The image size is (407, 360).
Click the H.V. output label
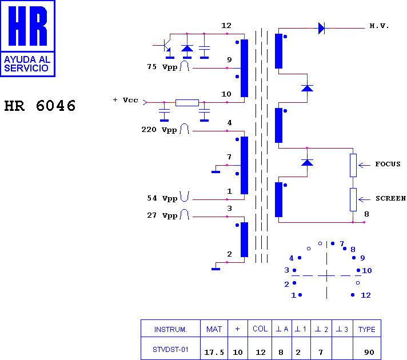point(379,26)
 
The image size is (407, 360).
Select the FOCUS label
point(388,164)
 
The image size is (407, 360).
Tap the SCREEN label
point(390,198)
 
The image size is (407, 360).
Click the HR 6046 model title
point(40,106)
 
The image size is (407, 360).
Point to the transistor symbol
point(165,45)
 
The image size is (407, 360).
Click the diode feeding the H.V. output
point(321,28)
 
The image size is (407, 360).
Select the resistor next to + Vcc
point(187,103)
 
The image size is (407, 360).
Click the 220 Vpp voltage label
point(159,130)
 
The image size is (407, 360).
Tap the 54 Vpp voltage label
point(162,198)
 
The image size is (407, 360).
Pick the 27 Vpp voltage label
point(162,215)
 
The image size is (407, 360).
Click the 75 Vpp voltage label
point(162,67)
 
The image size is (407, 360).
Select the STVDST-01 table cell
point(170,350)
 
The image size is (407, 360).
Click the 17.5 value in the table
point(214,352)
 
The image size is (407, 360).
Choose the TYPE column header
point(367,329)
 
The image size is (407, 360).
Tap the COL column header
point(260,329)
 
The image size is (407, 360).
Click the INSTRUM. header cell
point(170,329)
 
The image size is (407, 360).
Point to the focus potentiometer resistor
point(353,165)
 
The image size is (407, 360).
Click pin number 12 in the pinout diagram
point(365,295)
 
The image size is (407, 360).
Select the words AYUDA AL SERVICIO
point(27,64)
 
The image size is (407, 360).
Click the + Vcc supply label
point(126,100)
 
